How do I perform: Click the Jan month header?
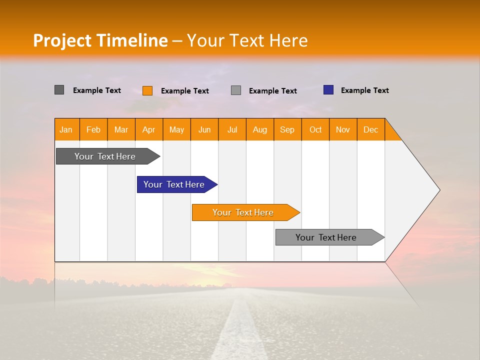point(66,129)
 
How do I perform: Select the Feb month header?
point(93,129)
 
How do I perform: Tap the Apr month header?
point(148,129)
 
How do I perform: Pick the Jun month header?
point(204,129)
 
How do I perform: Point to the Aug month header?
point(259,129)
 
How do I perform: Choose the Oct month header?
point(315,129)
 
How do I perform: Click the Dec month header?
point(370,129)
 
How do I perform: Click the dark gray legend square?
point(59,90)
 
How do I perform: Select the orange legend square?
point(147,90)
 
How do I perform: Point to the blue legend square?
point(328,90)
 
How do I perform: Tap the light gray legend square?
point(236,90)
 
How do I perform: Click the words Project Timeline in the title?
point(100,40)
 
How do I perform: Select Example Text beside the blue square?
point(364,90)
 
